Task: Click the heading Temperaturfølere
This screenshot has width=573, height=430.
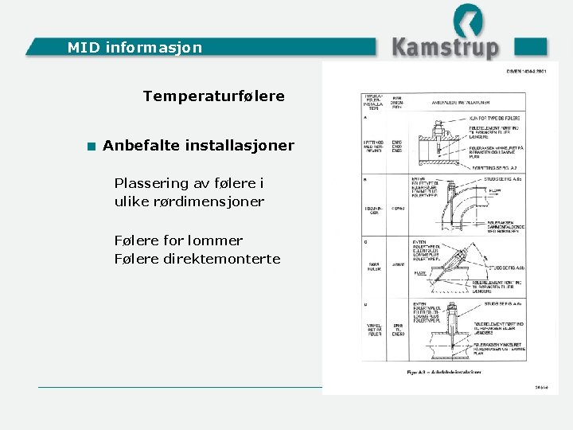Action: (213, 96)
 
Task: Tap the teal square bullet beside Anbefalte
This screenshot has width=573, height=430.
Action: (92, 147)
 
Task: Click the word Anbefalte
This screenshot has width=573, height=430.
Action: (141, 146)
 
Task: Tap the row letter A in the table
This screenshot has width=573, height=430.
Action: (365, 116)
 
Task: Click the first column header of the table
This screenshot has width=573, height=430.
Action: (372, 101)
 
